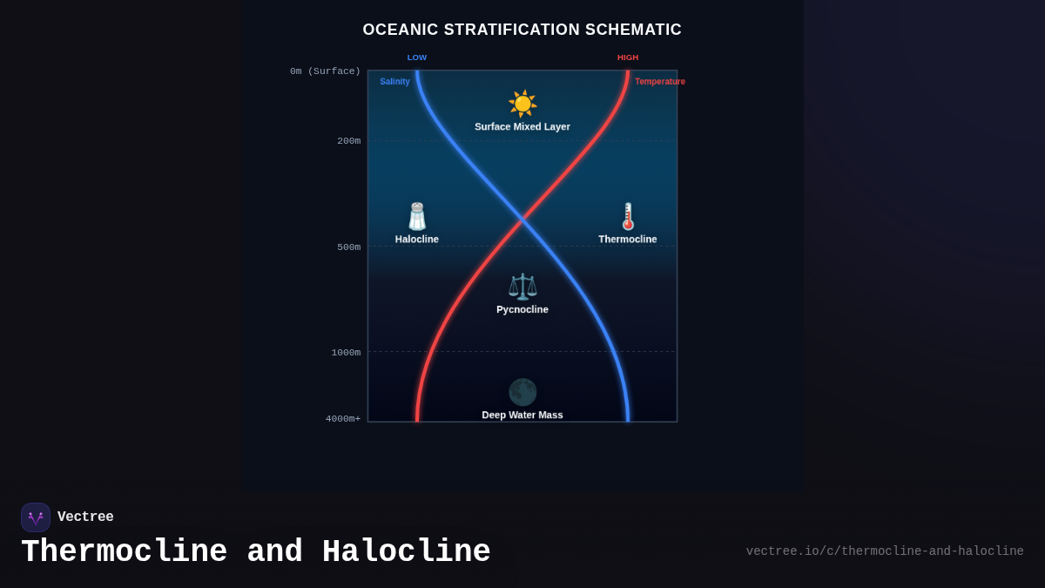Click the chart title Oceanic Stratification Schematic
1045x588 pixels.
click(x=522, y=30)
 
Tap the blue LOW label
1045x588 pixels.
click(x=417, y=57)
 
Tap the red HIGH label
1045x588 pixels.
click(x=628, y=57)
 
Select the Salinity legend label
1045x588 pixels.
click(x=394, y=82)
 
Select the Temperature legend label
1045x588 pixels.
click(x=659, y=82)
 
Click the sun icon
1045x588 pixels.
click(x=522, y=104)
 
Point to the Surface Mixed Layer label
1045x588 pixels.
click(x=522, y=127)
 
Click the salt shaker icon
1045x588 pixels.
click(x=417, y=216)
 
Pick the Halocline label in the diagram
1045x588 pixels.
click(x=417, y=240)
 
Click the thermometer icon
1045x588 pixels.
click(x=628, y=216)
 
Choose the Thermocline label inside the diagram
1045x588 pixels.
click(x=628, y=240)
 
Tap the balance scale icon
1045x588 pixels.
click(x=522, y=287)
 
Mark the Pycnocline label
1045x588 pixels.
click(x=522, y=309)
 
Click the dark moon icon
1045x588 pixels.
click(x=522, y=392)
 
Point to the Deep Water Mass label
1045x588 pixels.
click(x=522, y=415)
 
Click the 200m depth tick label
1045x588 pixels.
click(x=348, y=141)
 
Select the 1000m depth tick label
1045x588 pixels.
click(x=346, y=353)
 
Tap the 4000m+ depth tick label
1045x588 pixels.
click(x=343, y=419)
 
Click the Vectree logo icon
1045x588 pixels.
click(x=36, y=517)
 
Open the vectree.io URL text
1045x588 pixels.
click(x=885, y=551)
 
